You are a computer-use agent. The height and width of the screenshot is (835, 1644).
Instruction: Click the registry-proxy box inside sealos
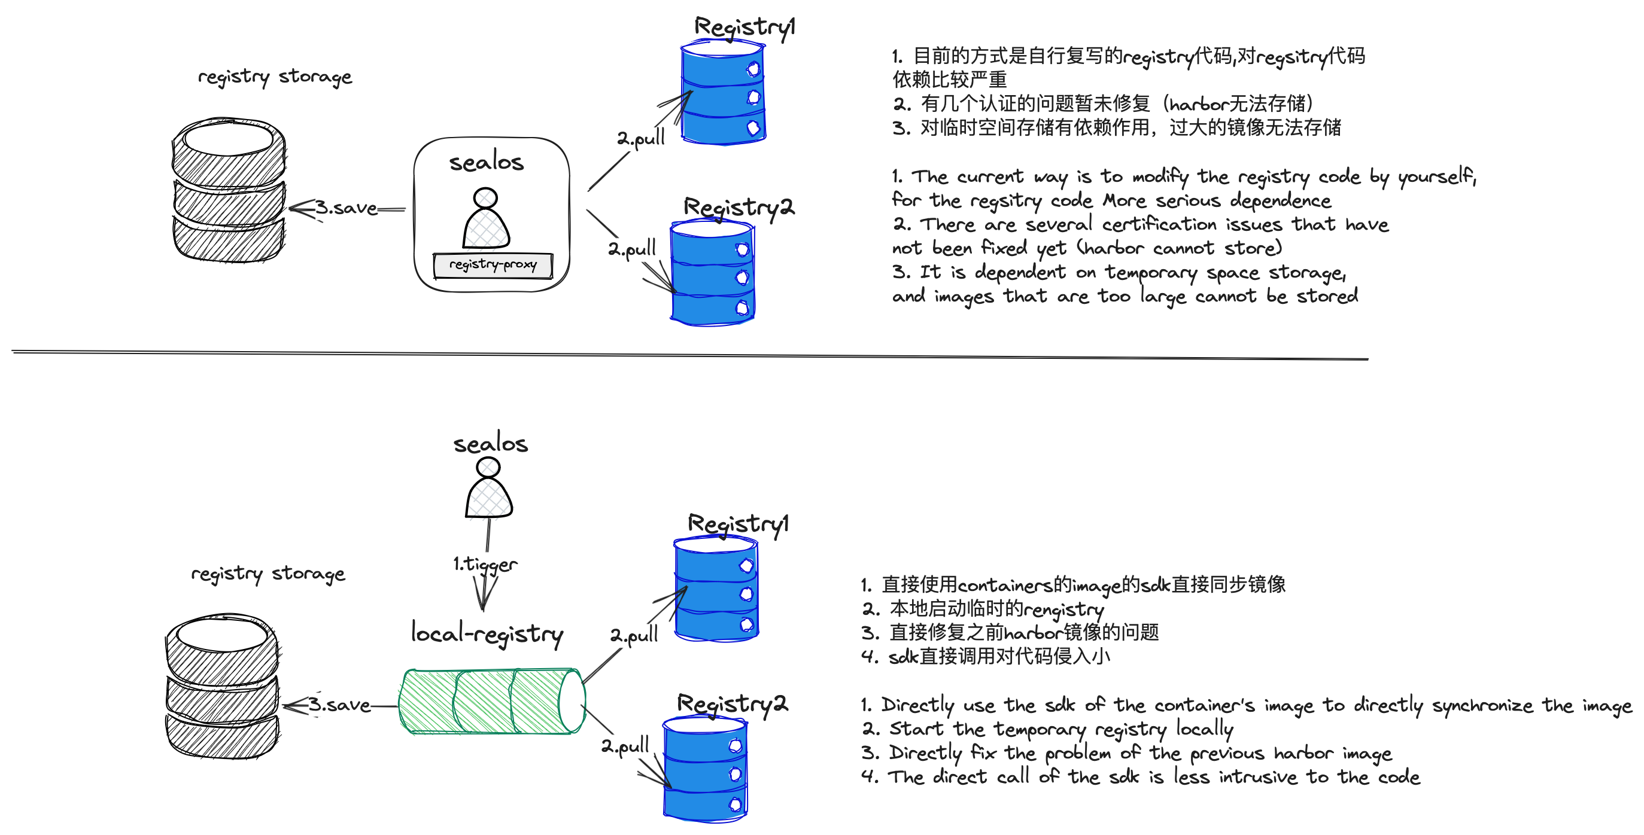click(x=492, y=265)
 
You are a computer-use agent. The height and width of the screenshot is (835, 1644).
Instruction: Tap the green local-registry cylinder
click(x=491, y=701)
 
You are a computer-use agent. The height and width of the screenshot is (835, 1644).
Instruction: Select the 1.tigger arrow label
click(x=485, y=565)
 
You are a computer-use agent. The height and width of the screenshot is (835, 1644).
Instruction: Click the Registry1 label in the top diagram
click(x=744, y=28)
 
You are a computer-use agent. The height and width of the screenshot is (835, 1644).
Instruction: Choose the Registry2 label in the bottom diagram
click(x=732, y=703)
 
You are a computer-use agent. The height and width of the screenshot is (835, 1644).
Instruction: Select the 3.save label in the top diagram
click(x=346, y=208)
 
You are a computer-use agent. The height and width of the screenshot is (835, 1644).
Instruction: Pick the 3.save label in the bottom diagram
click(x=339, y=705)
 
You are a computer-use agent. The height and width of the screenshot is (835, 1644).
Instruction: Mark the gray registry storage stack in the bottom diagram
click(x=222, y=687)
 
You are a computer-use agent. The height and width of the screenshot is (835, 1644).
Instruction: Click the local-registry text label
click(x=487, y=633)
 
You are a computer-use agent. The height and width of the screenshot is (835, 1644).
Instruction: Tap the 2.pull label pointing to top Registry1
click(x=641, y=138)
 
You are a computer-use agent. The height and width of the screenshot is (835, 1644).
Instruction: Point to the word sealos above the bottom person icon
click(x=490, y=443)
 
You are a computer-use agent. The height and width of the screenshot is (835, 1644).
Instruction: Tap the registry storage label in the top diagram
click(x=275, y=77)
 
